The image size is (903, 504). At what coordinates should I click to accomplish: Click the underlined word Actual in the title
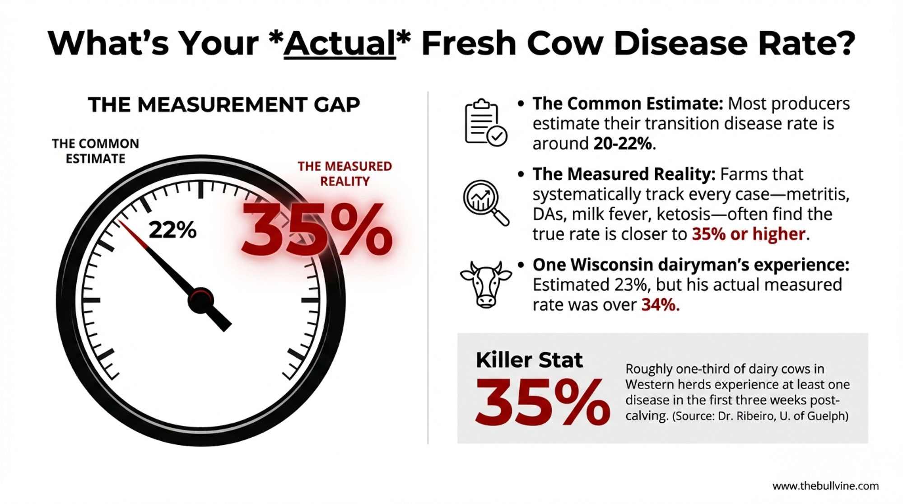tap(340, 44)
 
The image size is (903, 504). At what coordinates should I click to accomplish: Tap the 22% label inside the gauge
tap(172, 230)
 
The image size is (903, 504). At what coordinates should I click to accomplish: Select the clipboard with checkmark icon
tap(486, 122)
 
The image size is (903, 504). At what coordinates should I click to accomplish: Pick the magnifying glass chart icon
tap(486, 202)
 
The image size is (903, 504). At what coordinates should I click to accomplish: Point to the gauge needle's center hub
tap(200, 300)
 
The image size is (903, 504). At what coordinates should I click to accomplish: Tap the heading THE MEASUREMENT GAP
tap(224, 105)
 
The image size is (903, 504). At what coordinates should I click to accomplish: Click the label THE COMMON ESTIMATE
tap(95, 151)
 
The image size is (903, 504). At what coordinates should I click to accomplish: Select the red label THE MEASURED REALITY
tap(344, 173)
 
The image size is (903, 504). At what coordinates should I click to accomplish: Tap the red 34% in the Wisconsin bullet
tap(661, 305)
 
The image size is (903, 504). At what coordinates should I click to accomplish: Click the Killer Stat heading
tap(529, 360)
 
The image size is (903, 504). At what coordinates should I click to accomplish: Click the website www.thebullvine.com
tap(826, 486)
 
